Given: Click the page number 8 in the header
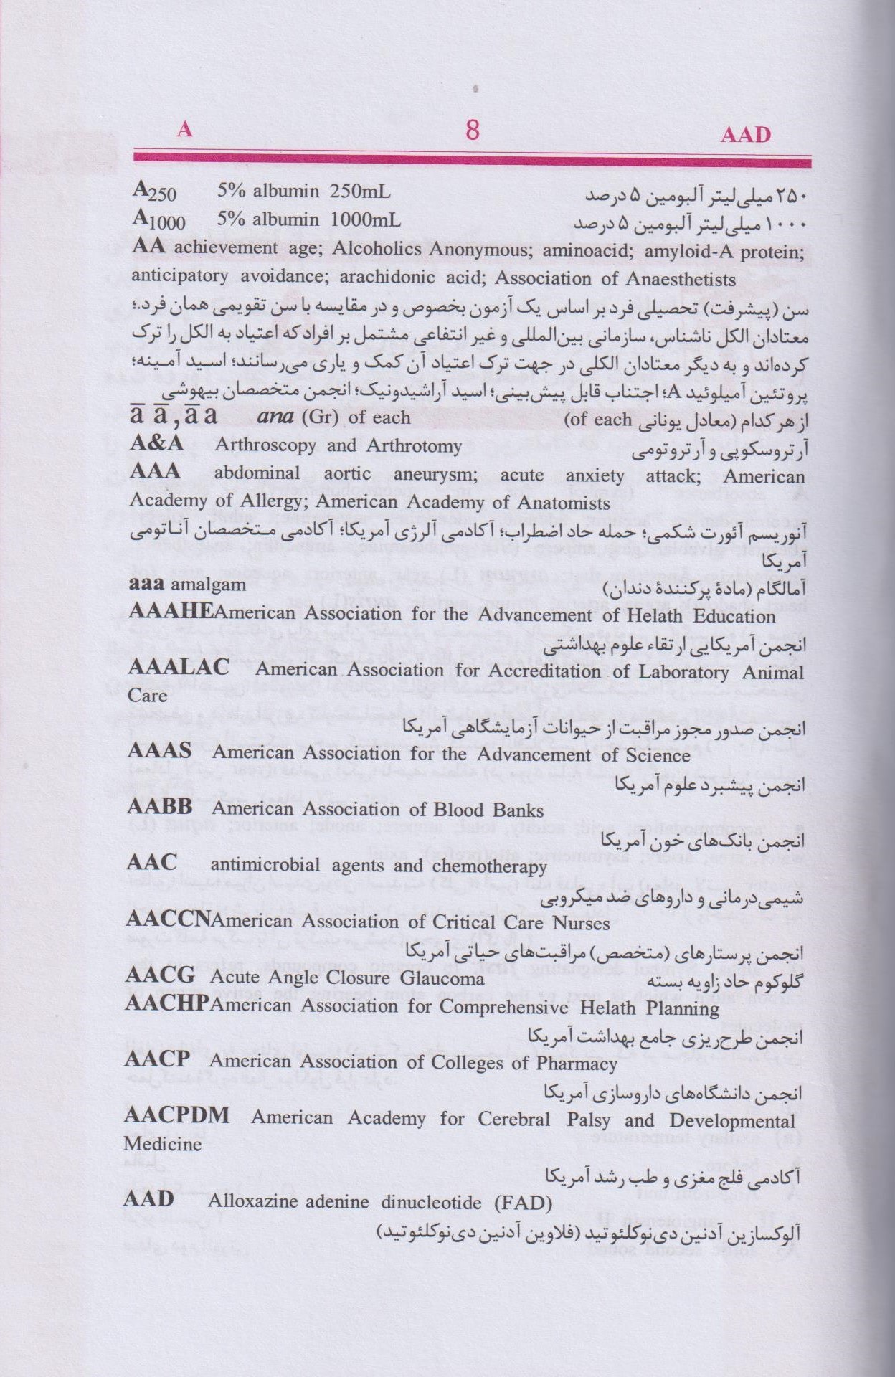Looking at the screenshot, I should (472, 131).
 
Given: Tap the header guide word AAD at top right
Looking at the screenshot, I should (745, 135).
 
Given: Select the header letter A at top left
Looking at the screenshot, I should (184, 129).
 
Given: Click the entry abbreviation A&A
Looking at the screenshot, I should (156, 443).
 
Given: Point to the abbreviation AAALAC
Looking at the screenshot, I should (179, 667).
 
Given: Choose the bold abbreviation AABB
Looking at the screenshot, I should (159, 807).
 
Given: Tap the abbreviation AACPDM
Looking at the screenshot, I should (176, 1115).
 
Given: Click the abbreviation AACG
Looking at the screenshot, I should (160, 975).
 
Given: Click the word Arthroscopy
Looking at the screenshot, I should (265, 445).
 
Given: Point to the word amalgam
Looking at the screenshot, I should (208, 585).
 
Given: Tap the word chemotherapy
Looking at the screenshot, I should (489, 866).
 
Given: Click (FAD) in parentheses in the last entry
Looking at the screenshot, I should (523, 1203).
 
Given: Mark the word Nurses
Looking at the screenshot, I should (581, 923).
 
